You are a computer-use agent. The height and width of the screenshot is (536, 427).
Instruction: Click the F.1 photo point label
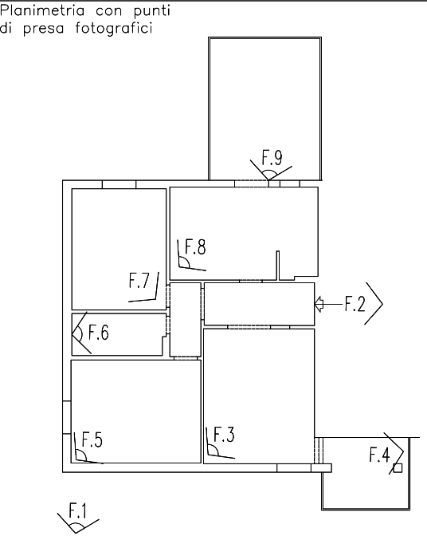click(78, 510)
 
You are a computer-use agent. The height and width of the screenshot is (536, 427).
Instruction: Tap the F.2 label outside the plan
click(355, 304)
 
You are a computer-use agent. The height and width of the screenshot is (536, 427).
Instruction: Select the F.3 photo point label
click(224, 435)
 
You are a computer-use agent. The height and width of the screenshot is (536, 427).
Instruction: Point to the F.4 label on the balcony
click(379, 455)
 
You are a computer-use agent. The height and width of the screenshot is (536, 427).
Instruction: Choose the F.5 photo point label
click(92, 439)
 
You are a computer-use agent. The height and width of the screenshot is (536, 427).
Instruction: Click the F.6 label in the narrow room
click(99, 333)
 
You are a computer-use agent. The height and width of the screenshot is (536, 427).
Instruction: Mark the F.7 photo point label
click(139, 280)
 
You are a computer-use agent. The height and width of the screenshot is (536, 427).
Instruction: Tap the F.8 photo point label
click(195, 246)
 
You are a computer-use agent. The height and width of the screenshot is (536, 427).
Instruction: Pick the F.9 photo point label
click(272, 158)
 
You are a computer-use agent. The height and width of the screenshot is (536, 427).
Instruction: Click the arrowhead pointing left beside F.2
click(319, 304)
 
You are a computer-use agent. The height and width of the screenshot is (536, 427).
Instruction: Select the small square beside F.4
click(398, 468)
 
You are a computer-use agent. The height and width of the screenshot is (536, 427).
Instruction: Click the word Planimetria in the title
click(42, 11)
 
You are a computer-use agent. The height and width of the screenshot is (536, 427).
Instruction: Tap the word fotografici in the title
click(114, 28)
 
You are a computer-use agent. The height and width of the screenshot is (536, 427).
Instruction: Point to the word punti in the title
click(152, 12)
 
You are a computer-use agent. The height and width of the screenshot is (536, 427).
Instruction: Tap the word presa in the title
click(44, 29)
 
